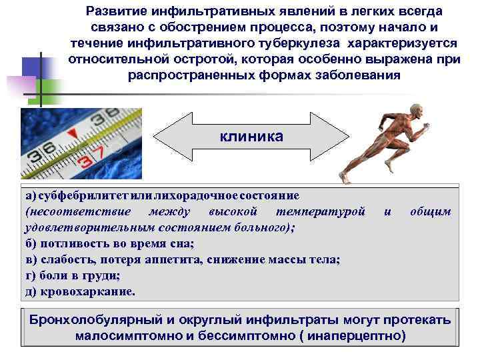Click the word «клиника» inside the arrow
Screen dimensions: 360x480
(251, 137)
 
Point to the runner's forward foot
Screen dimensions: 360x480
(344, 178)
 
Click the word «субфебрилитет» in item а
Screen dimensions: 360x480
(74, 196)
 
